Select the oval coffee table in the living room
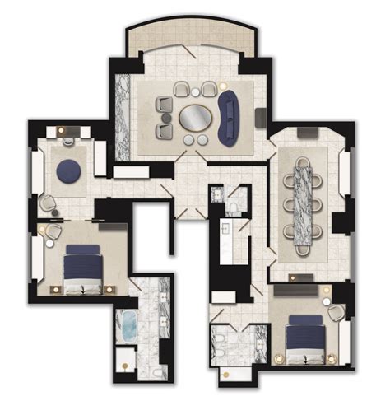click(x=194, y=118)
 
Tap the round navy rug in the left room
click(x=67, y=171)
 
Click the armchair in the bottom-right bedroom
click(x=336, y=310)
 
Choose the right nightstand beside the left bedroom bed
click(x=111, y=287)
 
